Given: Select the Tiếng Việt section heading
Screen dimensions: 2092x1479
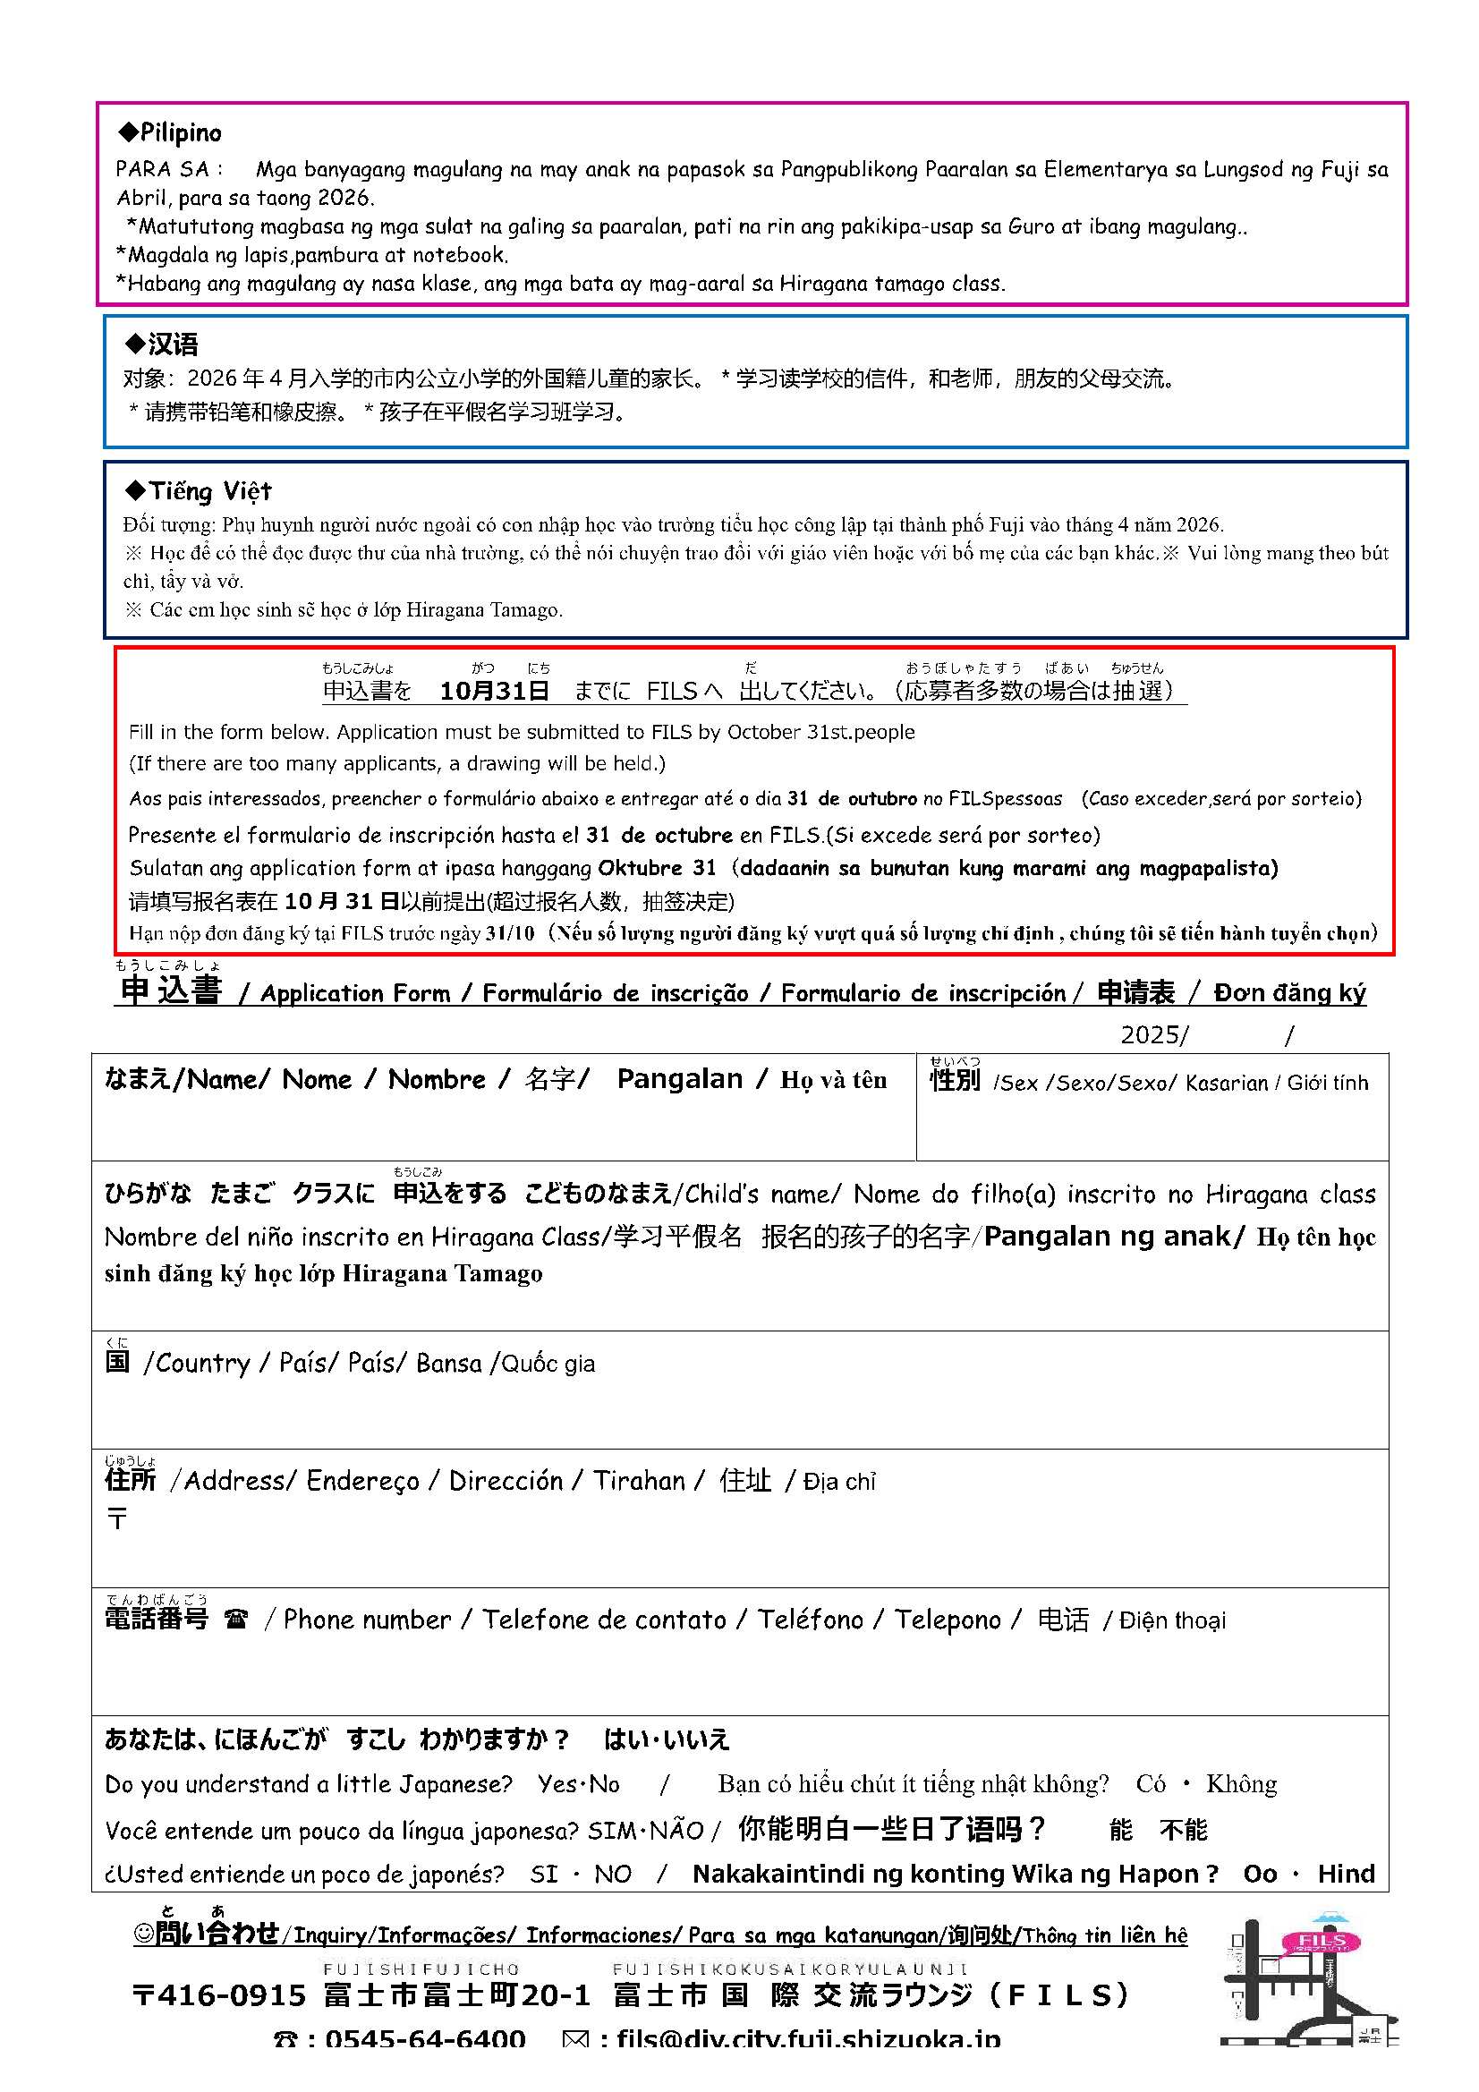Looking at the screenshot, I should tap(200, 491).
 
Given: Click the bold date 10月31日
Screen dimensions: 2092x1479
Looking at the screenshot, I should tap(494, 691).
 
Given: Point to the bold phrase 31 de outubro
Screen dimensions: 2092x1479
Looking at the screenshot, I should tap(852, 798).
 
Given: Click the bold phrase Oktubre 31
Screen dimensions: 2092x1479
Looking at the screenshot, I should tap(657, 867).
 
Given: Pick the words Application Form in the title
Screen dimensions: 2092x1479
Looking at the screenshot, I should tap(355, 993).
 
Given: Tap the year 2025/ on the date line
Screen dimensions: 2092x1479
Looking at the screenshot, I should tap(1154, 1034).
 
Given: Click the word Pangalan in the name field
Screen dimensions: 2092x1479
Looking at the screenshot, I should tap(680, 1079).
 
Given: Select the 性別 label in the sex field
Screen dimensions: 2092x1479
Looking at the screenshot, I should tap(954, 1081).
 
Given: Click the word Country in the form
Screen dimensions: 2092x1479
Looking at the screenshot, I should tap(202, 1363).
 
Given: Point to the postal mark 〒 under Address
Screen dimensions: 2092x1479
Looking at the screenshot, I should tap(117, 1518).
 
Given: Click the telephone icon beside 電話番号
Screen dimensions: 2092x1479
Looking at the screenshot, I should tap(236, 1620).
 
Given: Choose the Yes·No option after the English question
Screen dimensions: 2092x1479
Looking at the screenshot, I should tap(579, 1784).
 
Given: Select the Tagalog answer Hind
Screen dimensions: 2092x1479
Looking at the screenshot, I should tap(1346, 1874).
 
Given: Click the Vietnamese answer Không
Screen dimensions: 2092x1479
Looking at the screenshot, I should tap(1241, 1784).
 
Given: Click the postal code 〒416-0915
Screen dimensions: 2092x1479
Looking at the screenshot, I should tap(219, 1995).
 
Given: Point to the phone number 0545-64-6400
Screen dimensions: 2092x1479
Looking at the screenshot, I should tap(425, 2038).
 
